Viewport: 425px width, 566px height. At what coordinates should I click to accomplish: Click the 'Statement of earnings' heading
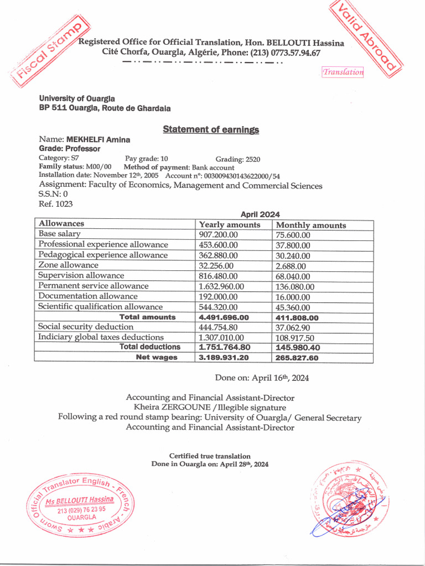pos(210,129)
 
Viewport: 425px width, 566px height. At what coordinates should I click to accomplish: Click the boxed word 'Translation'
pos(343,72)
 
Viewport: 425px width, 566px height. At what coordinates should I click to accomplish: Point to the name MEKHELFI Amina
pos(98,140)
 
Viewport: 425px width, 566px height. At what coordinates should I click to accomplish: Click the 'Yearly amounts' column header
pos(229,225)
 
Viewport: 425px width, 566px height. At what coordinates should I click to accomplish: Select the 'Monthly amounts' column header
pos(310,225)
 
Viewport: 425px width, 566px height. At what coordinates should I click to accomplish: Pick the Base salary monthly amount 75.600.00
pos(293,235)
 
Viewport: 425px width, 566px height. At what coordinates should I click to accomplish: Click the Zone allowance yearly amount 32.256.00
pos(217,265)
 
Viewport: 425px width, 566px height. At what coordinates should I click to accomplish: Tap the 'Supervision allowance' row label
pos(81,275)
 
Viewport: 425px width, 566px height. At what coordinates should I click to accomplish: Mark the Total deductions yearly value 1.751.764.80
pos(224,347)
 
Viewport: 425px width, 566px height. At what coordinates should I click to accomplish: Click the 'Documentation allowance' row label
pos(83,296)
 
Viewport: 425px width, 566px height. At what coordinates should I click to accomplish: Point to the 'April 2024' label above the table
pos(260,214)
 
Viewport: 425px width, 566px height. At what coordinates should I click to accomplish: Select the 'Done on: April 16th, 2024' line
pos(262,378)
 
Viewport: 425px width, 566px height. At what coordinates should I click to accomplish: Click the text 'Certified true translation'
pos(210,456)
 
